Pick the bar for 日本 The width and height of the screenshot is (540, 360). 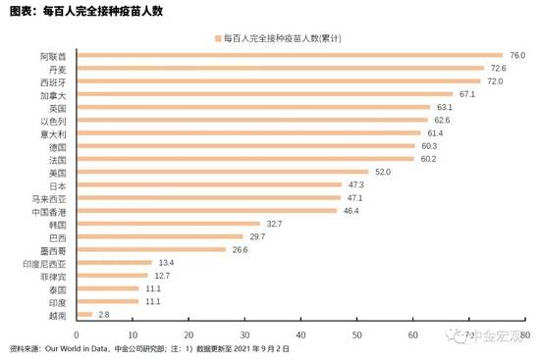(x=208, y=184)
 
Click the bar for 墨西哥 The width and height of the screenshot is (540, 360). (x=149, y=249)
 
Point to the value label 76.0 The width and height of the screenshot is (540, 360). (x=516, y=56)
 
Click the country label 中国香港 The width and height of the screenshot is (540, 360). (x=49, y=211)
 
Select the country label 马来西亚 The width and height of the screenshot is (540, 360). (x=49, y=198)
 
